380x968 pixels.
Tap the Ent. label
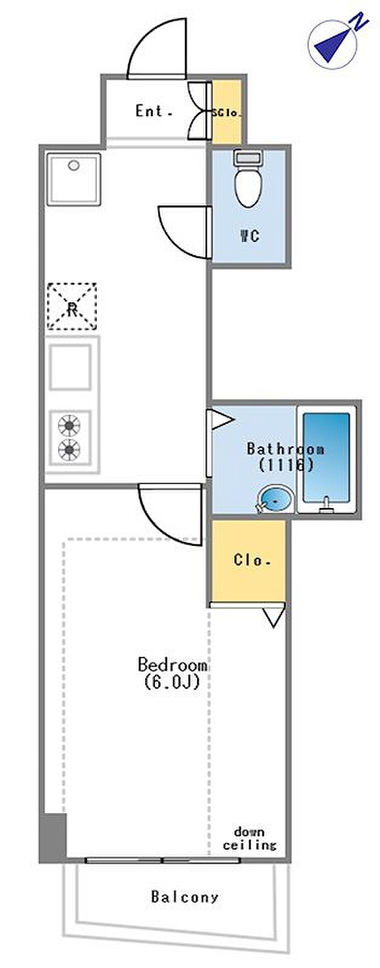point(154,111)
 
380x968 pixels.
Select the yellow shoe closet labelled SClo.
point(227,112)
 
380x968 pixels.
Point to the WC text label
point(249,235)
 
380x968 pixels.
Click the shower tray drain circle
point(74,165)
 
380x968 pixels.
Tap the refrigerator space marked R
point(72,307)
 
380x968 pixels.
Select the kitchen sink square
point(71,367)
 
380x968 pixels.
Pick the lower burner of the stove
point(70,450)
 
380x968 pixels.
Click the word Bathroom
point(285,449)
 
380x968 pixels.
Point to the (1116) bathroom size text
point(285,465)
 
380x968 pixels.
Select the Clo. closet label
point(252,560)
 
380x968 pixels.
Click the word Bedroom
point(172,665)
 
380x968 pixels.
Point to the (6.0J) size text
point(172,682)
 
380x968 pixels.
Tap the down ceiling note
point(249,839)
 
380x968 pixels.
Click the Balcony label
point(185,897)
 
